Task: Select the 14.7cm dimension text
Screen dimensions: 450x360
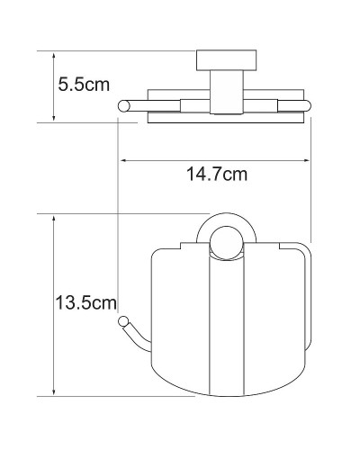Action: pos(216,175)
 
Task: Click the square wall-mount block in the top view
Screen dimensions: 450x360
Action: pos(218,63)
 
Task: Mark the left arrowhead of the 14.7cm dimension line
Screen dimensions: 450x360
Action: pos(123,161)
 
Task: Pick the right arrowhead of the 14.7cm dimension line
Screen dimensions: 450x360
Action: pos(307,161)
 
